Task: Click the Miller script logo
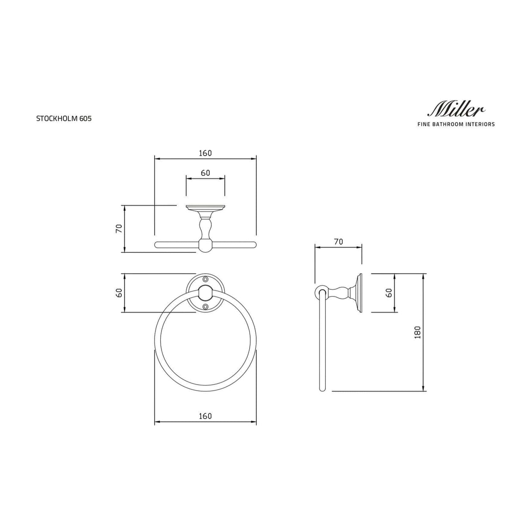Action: [x=457, y=109]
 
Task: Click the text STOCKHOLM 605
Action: [x=64, y=118]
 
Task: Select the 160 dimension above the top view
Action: [x=205, y=153]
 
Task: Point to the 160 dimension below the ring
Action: [x=205, y=416]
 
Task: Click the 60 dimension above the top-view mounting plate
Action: [x=205, y=173]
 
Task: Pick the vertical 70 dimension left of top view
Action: [x=118, y=228]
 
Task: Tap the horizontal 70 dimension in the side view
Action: [x=338, y=241]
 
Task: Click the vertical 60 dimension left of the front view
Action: [x=118, y=293]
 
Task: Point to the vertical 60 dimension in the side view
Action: [x=389, y=293]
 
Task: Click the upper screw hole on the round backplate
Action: [x=205, y=279]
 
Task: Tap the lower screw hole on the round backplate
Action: [x=205, y=307]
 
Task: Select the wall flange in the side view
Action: [x=359, y=293]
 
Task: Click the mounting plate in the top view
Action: [x=205, y=207]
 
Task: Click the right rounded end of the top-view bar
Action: [x=253, y=244]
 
